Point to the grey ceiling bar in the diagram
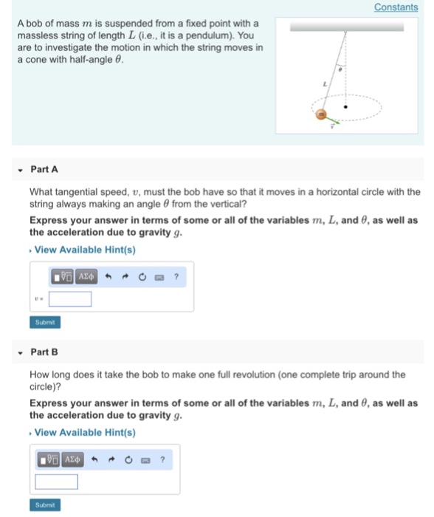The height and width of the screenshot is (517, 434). [x=346, y=26]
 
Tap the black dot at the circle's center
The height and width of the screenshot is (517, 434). [x=364, y=114]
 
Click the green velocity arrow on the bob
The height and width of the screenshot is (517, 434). [x=333, y=120]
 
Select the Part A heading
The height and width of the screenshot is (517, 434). [x=44, y=169]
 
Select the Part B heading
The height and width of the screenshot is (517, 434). [x=44, y=352]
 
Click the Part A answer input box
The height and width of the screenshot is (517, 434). [x=70, y=299]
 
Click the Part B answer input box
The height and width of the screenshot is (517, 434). [x=56, y=482]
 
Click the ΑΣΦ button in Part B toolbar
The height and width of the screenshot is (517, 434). [x=72, y=459]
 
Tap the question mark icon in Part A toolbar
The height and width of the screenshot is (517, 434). [x=176, y=277]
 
